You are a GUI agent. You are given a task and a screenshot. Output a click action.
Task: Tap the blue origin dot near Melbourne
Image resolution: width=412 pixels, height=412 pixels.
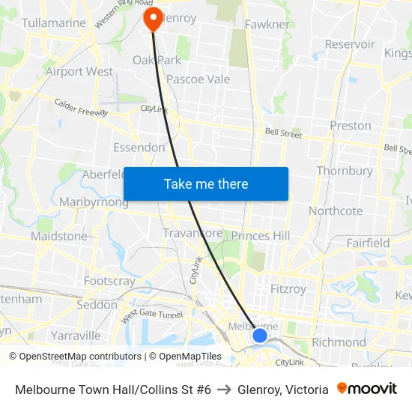pos(259,335)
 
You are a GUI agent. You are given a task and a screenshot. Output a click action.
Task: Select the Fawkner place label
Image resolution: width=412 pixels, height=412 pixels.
pos(267,25)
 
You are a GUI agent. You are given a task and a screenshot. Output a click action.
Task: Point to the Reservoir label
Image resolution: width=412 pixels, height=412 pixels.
pos(350,44)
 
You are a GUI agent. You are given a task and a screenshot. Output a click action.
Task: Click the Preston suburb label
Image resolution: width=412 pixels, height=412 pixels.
pos(351,126)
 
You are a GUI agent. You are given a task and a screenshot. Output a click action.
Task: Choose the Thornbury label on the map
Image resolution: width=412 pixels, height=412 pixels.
pos(345,171)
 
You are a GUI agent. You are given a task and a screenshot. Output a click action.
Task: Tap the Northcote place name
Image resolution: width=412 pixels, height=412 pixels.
pos(336,210)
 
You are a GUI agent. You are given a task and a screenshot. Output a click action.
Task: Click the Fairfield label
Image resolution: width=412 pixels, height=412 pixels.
pos(368,243)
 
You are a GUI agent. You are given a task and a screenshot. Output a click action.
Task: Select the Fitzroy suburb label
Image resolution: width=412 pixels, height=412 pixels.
pos(288,288)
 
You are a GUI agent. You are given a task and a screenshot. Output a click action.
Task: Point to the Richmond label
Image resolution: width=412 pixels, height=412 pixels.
pos(339,342)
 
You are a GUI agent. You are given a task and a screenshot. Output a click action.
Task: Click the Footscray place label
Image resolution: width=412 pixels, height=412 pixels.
pos(110,282)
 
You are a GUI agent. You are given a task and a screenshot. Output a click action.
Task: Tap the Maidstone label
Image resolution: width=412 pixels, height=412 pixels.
pos(59,236)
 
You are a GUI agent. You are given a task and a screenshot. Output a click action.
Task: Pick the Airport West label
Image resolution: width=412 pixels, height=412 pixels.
pos(79,72)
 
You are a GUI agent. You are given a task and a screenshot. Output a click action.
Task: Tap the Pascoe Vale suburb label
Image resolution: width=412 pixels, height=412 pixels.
pos(198,79)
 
